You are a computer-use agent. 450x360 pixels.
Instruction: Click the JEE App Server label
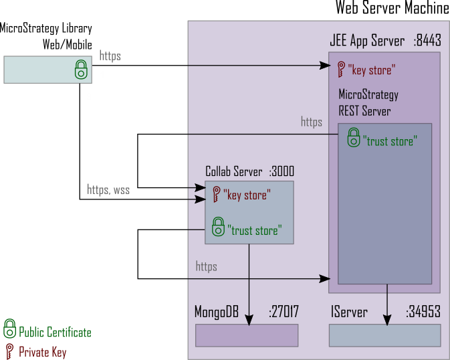pos(367,41)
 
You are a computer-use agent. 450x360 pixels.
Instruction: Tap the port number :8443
pos(427,41)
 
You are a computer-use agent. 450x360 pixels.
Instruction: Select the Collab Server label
pos(233,171)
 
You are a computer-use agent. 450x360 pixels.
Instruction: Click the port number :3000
pos(282,171)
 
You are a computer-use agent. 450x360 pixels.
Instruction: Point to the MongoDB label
pos(217,311)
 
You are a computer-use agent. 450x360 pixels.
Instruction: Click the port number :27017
pos(284,311)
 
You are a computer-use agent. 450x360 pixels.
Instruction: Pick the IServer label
pos(348,311)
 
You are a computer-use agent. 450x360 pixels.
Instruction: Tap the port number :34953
pos(423,311)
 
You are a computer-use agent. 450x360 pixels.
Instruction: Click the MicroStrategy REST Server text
pos(368,102)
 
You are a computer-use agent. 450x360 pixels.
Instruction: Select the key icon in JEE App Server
pos(341,68)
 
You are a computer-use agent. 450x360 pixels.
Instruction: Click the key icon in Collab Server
pos(216,195)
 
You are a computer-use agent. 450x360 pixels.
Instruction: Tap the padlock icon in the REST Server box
pos(353,139)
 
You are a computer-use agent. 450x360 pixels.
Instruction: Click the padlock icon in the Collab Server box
pos(217,227)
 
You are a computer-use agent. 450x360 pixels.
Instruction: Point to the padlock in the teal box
pos(80,69)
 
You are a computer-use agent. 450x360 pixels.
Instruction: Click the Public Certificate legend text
pos(55,333)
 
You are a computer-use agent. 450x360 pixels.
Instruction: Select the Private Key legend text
pos(43,351)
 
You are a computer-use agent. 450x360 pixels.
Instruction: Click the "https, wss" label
pos(108,190)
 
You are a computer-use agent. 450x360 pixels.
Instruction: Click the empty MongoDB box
pos(247,335)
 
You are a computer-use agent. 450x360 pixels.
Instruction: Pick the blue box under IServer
pos(384,335)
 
